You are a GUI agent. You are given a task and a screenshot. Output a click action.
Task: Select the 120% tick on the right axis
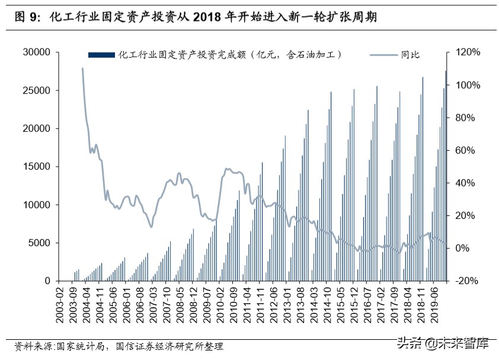click(x=468, y=52)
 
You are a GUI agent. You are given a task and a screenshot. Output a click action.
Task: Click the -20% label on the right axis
click(x=468, y=281)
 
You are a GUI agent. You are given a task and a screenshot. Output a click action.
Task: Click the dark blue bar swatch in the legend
click(x=101, y=55)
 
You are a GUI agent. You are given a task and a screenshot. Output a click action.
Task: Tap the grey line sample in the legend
click(x=384, y=55)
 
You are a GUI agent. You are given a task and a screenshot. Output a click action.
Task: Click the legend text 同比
click(x=410, y=55)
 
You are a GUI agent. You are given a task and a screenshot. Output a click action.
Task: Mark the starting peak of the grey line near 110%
click(x=82, y=68)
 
